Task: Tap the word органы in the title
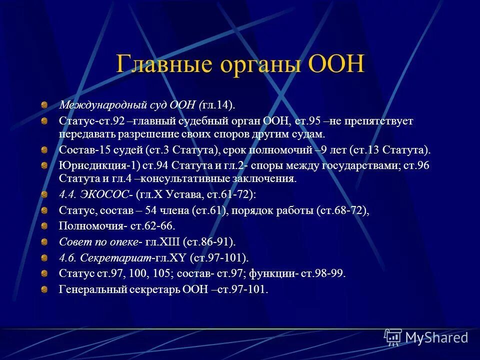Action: coord(258,65)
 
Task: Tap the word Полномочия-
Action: coord(93,226)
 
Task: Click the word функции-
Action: coord(274,273)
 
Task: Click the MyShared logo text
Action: coord(436,338)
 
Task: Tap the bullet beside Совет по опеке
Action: coord(45,242)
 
